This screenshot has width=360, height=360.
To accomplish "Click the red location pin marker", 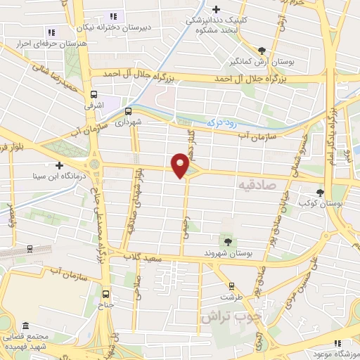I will (180, 165).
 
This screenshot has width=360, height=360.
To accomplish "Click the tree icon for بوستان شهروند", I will (226, 242).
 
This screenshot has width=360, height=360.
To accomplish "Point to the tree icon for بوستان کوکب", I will (321, 191).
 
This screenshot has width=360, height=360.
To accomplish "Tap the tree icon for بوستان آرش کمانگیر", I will (262, 51).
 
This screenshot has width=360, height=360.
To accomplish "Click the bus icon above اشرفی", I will (94, 94).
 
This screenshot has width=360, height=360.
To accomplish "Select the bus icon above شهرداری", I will (129, 111).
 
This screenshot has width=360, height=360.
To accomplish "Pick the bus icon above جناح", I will (106, 295).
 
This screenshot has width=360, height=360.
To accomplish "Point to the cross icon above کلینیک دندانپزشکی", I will (217, 9).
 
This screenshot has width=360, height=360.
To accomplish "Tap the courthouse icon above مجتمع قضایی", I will (26, 328).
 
